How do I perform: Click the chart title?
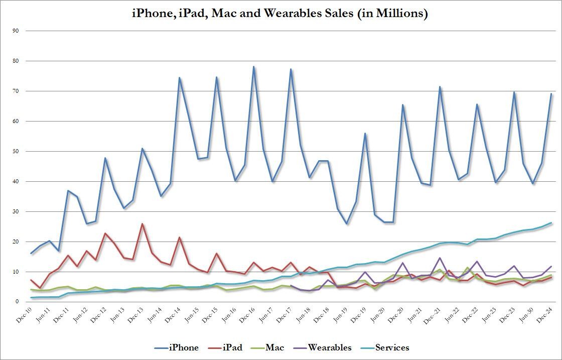pos(280,14)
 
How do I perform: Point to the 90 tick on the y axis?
pos(16,31)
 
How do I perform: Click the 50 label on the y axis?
pos(16,151)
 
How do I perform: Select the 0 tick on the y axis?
pos(17,302)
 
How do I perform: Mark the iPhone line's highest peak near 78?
pos(253,67)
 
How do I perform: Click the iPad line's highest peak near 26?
pos(143,224)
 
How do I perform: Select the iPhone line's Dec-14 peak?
pos(179,78)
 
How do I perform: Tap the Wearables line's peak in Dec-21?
pos(440,258)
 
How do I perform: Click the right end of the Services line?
pos(551,223)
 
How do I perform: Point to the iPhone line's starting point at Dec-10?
pos(31,253)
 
